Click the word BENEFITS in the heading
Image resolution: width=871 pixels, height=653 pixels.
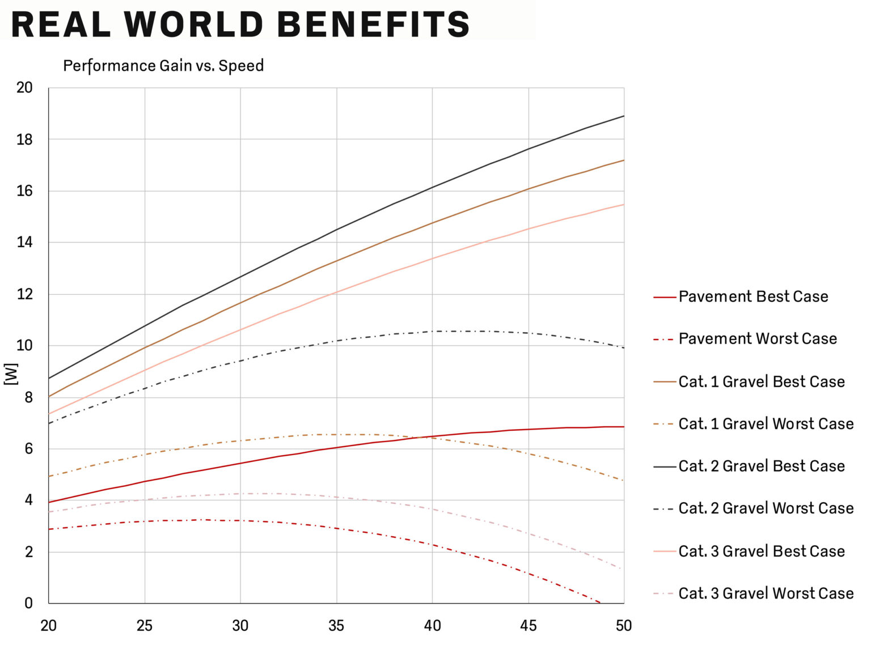click(373, 24)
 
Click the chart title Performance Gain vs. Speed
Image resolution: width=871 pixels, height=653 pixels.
click(163, 65)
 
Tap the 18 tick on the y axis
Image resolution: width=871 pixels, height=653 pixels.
click(24, 139)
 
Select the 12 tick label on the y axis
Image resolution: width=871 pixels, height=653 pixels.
click(24, 294)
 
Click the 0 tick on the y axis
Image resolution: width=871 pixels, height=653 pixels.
click(28, 603)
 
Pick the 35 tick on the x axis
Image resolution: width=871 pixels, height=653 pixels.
click(336, 626)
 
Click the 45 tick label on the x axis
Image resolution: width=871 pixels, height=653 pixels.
click(528, 626)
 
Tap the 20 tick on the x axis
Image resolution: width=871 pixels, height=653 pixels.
click(48, 626)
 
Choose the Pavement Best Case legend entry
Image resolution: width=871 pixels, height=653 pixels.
click(741, 296)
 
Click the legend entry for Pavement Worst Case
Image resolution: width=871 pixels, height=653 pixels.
click(745, 338)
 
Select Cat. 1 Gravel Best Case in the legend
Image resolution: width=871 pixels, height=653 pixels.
click(749, 381)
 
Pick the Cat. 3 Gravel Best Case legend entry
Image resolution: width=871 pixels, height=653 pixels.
click(749, 551)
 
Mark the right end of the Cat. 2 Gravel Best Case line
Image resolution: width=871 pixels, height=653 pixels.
click(624, 116)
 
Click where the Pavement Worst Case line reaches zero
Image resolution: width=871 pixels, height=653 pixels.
click(600, 603)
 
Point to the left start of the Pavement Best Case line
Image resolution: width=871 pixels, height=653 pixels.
click(49, 502)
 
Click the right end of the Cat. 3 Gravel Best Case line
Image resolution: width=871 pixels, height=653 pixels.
click(624, 204)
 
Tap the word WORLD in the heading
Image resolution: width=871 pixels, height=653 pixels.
click(194, 24)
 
